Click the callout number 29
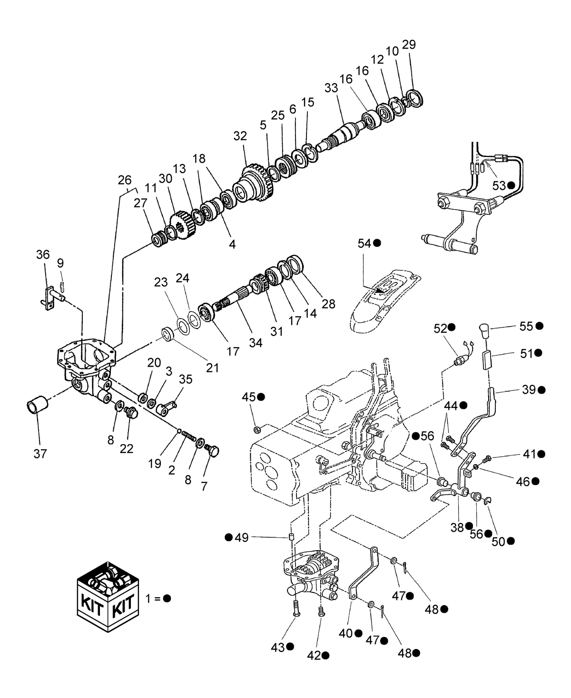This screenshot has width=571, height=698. click(x=409, y=45)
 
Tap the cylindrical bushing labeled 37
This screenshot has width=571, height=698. click(x=37, y=407)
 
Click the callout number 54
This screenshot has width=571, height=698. click(x=364, y=243)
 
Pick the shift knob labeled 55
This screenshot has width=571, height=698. click(x=484, y=330)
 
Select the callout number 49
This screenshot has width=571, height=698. click(x=242, y=538)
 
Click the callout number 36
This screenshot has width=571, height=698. click(x=43, y=255)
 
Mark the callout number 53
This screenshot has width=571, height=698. click(x=499, y=186)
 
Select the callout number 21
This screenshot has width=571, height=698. click(x=212, y=368)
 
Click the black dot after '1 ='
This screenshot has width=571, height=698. click(x=167, y=598)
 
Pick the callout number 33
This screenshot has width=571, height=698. click(x=331, y=88)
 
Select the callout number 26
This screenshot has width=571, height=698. click(x=125, y=180)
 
